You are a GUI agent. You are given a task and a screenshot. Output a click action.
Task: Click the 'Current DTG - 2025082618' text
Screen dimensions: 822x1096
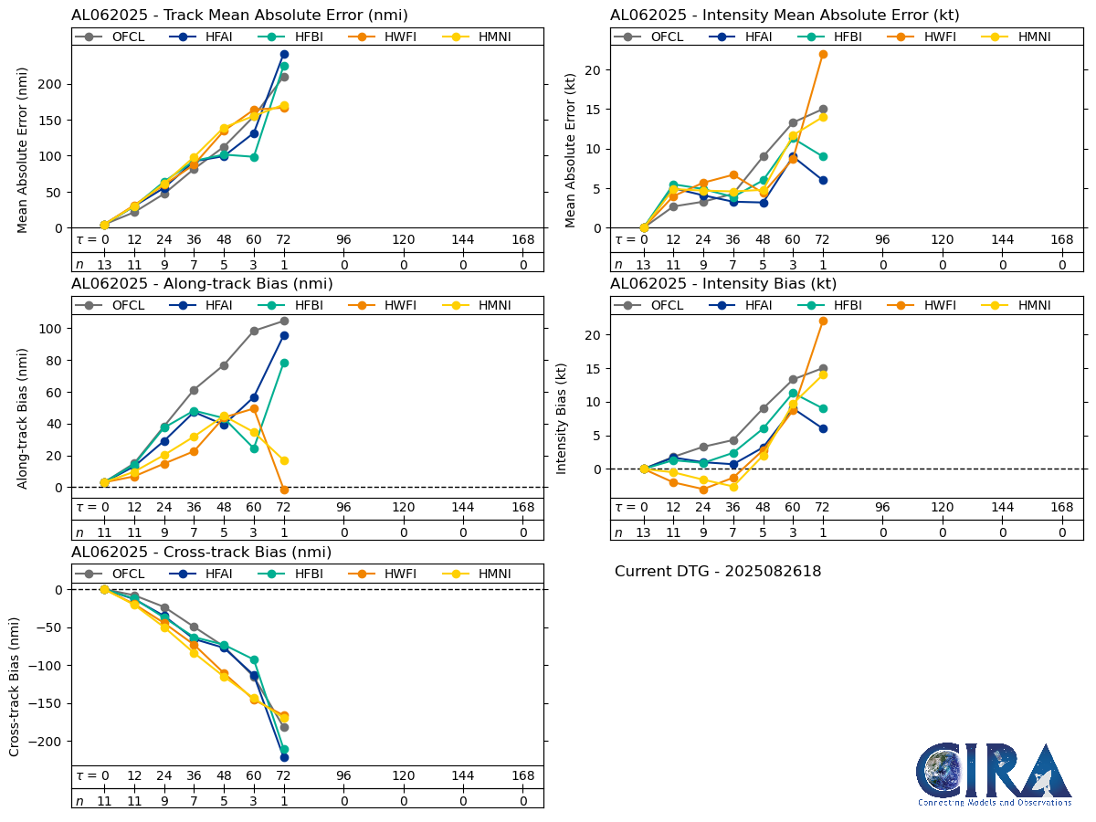point(718,572)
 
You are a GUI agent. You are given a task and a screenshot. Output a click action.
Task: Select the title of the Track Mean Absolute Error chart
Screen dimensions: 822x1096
point(239,16)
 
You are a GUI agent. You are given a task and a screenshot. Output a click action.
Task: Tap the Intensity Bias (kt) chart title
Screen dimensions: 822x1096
point(723,284)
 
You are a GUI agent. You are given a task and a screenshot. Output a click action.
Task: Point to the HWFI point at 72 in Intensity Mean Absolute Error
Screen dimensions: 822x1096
point(823,55)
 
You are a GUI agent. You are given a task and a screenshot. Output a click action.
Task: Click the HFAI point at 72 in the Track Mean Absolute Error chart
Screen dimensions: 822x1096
point(284,55)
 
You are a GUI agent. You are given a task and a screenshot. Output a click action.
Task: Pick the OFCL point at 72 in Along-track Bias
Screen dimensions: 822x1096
point(284,321)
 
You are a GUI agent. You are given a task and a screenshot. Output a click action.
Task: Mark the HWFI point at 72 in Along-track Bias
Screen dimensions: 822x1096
point(284,490)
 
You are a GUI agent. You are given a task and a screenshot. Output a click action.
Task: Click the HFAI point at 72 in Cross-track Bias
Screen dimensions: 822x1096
point(284,757)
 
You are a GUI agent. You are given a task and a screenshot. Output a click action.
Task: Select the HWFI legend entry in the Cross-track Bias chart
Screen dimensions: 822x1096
point(386,574)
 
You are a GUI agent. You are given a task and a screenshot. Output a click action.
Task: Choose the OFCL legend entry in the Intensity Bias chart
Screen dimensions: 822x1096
point(657,305)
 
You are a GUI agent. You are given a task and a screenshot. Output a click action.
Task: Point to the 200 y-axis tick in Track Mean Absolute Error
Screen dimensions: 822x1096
point(54,84)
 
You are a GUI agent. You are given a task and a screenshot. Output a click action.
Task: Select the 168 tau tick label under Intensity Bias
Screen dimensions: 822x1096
point(1061,508)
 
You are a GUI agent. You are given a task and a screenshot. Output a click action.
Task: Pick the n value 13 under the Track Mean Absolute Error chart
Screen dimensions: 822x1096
point(104,265)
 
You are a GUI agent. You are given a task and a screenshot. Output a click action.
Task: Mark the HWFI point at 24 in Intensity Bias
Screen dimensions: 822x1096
point(703,490)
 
